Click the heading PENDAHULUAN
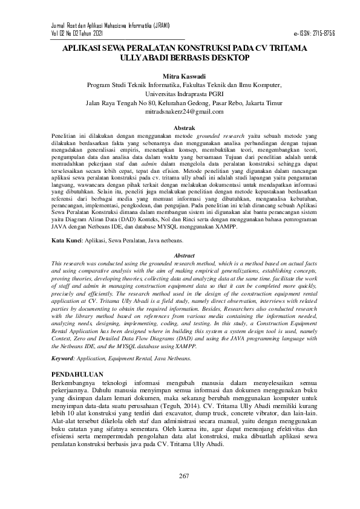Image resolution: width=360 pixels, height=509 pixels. click(x=79, y=374)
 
